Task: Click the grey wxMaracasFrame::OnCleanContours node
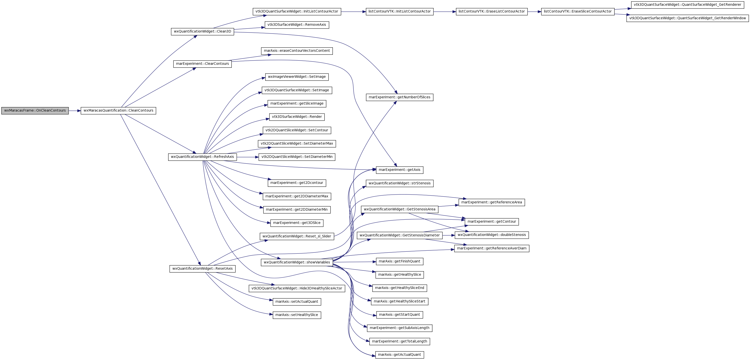tap(35, 111)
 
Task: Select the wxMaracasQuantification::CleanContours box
tap(118, 111)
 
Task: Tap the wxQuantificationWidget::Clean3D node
tap(202, 32)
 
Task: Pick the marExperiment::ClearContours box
tap(202, 64)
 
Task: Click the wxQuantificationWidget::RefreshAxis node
tap(202, 157)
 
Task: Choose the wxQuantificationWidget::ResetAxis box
tap(202, 269)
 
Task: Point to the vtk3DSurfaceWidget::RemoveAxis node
tap(297, 25)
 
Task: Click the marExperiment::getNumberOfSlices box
tap(399, 97)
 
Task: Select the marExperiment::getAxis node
tap(399, 170)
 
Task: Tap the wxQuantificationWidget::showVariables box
tap(297, 262)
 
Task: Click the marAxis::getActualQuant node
tap(399, 355)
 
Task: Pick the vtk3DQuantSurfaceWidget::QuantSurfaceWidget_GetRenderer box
tap(687, 5)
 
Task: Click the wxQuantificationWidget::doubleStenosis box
tap(492, 235)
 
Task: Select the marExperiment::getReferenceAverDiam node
tap(492, 248)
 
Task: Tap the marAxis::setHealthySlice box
tap(297, 315)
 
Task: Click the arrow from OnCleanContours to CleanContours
tap(75, 111)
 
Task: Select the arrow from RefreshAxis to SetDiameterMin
tap(248, 157)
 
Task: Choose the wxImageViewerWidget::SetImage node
tap(297, 77)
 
